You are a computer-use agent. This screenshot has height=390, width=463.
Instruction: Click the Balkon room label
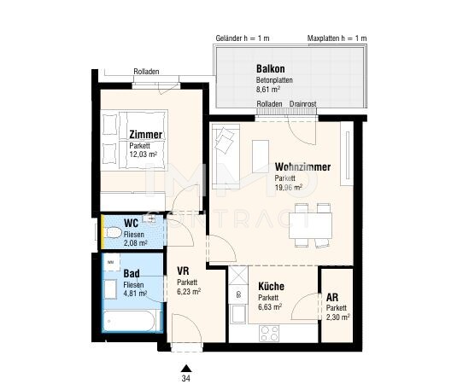click(x=271, y=69)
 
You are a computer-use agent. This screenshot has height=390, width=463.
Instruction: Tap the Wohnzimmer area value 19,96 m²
click(x=289, y=188)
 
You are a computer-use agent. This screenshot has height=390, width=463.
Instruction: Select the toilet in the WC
click(x=114, y=232)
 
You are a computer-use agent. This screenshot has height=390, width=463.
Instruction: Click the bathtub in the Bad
click(x=129, y=321)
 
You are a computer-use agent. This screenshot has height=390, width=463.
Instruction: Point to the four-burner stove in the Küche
click(x=269, y=334)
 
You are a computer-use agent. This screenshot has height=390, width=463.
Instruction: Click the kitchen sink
click(x=238, y=313)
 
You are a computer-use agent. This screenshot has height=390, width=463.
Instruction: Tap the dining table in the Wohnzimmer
click(x=310, y=225)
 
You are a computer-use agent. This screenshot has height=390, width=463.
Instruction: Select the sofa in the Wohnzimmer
click(x=226, y=156)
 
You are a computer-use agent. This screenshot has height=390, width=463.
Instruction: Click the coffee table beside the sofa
click(x=261, y=156)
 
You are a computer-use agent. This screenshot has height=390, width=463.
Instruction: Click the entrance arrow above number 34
click(x=186, y=368)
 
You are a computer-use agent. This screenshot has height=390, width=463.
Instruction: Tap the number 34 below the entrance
click(x=186, y=378)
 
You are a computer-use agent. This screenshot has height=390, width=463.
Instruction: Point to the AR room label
click(x=332, y=297)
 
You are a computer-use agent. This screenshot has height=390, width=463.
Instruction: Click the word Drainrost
click(x=302, y=104)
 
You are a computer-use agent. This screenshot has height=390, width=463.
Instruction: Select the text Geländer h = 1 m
click(x=243, y=38)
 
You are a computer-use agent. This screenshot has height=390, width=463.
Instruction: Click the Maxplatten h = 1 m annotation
click(x=337, y=38)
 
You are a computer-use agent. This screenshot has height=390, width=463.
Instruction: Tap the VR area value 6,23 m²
click(x=189, y=292)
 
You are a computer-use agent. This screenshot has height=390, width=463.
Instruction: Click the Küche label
click(x=271, y=286)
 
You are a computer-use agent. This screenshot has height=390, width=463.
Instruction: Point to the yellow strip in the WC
click(x=103, y=231)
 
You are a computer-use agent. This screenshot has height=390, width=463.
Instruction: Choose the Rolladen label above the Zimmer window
click(x=146, y=72)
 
